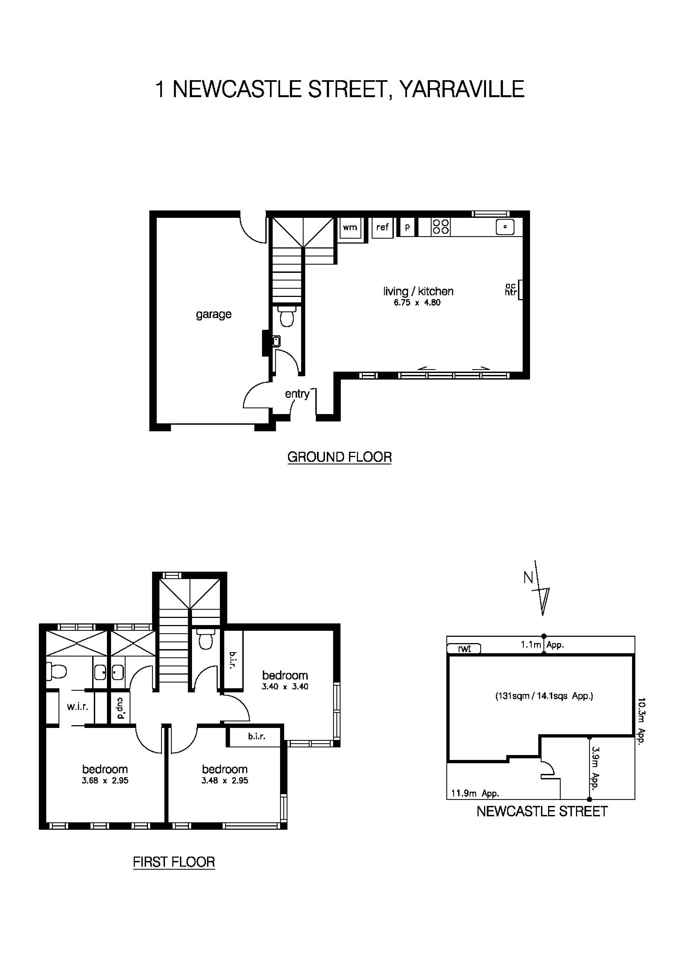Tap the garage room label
[x=214, y=314]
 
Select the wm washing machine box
[x=350, y=227]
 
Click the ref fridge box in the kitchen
[x=382, y=227]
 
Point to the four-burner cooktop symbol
[x=441, y=227]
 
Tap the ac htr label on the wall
[x=511, y=289]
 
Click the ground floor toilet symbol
[x=287, y=317]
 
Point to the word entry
[x=297, y=394]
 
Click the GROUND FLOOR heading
[x=339, y=457]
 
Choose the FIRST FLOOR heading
[x=174, y=862]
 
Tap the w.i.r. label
[x=78, y=707]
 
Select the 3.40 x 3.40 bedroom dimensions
[x=285, y=687]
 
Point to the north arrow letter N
[x=528, y=578]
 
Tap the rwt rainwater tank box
[x=464, y=649]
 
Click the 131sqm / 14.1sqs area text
[x=544, y=696]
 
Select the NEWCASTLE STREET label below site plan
[x=542, y=812]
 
